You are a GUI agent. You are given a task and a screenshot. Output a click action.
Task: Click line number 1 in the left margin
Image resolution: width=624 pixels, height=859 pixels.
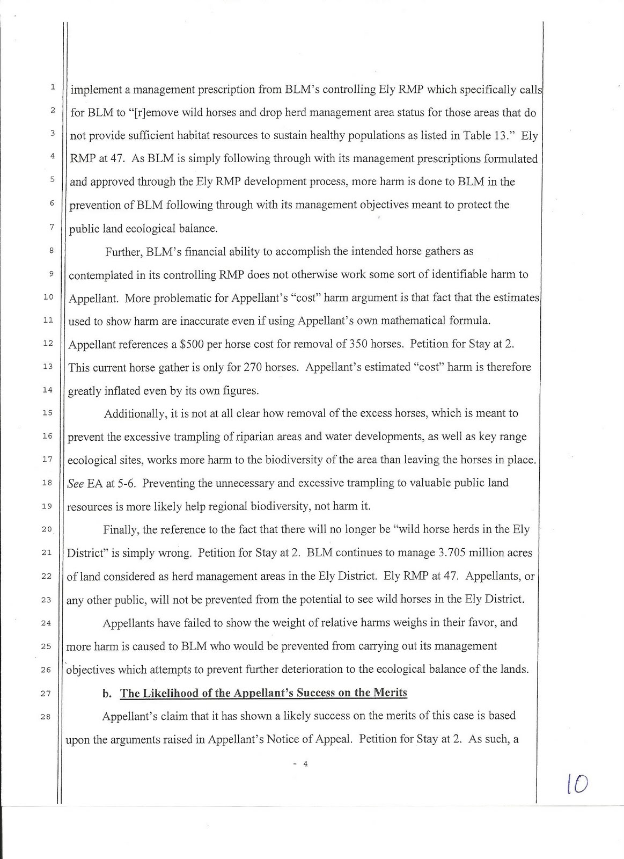click(52, 86)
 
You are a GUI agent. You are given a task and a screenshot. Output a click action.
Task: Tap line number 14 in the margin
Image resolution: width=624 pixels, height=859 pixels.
click(47, 390)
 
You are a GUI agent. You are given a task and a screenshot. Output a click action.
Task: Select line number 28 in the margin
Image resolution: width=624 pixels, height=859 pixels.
click(47, 716)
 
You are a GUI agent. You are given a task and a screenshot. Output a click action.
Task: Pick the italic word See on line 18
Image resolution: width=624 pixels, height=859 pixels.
click(76, 483)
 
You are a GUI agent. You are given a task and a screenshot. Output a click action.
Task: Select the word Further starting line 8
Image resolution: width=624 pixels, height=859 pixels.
click(123, 252)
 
